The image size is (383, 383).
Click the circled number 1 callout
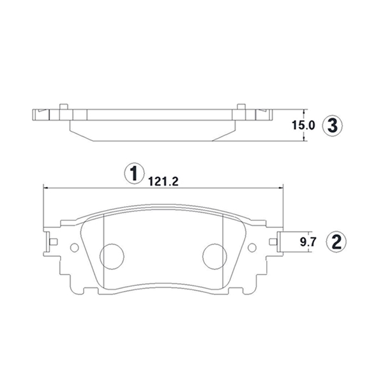(x=134, y=173)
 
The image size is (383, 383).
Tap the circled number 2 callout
(x=336, y=242)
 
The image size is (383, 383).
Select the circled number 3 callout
(x=332, y=126)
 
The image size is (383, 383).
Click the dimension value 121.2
(x=163, y=181)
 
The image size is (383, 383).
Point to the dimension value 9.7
(x=308, y=242)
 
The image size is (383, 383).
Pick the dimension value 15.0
(x=303, y=126)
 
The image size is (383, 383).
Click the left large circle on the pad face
(x=112, y=257)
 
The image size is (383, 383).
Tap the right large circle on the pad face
(x=214, y=257)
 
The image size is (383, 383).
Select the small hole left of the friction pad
(x=75, y=248)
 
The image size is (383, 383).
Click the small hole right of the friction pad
(x=252, y=248)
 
